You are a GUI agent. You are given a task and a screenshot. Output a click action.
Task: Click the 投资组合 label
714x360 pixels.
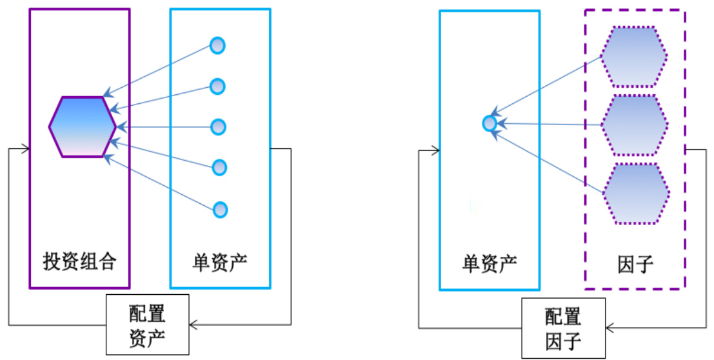tap(80, 262)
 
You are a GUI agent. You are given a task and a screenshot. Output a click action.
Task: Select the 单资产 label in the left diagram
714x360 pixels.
tap(220, 262)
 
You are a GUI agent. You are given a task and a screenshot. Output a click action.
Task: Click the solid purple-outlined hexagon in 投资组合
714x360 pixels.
tap(82, 126)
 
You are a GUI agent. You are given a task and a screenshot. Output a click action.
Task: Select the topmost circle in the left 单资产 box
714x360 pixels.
tap(218, 46)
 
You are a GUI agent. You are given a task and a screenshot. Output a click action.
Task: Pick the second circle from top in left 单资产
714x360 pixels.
tap(218, 86)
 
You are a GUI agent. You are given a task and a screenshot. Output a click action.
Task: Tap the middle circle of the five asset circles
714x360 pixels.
tap(219, 127)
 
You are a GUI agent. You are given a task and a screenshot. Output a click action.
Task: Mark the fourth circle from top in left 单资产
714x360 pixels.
tap(219, 168)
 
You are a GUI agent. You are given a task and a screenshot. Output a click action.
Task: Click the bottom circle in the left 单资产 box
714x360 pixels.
tap(220, 210)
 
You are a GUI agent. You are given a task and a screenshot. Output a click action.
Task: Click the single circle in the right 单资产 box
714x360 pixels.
tap(490, 123)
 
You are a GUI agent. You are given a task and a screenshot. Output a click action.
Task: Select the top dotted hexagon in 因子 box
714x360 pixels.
tap(634, 57)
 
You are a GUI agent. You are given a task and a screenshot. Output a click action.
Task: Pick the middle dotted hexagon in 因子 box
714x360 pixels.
tap(634, 125)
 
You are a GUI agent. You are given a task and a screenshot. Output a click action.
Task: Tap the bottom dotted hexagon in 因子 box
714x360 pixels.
tap(635, 194)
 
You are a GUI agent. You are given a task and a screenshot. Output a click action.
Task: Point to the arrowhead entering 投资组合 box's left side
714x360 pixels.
tap(26, 149)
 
